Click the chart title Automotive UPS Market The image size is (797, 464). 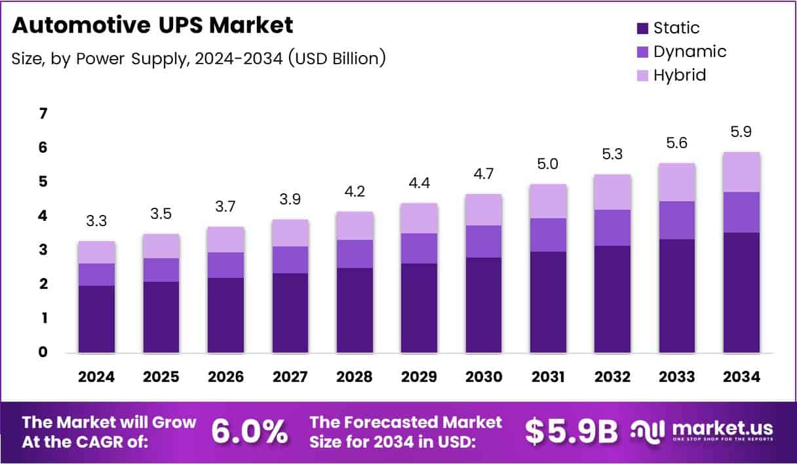point(153,26)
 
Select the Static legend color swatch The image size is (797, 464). point(642,28)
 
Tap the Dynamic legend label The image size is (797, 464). point(690,51)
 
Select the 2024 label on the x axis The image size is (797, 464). point(96,377)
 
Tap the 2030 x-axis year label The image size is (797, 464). point(484,377)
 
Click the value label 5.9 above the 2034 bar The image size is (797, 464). point(741,132)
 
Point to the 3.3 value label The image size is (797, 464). point(96,221)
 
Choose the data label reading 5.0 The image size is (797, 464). point(548,164)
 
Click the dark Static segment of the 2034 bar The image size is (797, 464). point(741,292)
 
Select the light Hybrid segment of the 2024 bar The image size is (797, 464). point(96,252)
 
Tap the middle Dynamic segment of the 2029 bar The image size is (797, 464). point(419,248)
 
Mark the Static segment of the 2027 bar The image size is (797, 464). point(290,313)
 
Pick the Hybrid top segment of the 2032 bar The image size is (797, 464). point(612,192)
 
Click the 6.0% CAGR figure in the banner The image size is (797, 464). point(250,431)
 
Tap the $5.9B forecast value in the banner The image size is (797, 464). point(572,431)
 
